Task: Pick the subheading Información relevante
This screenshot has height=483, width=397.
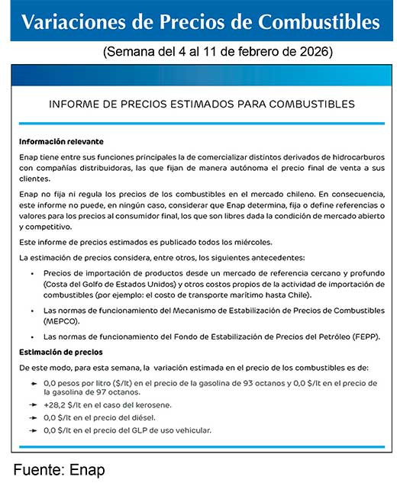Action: coord(61,142)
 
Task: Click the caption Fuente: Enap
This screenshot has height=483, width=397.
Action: coord(59,469)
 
